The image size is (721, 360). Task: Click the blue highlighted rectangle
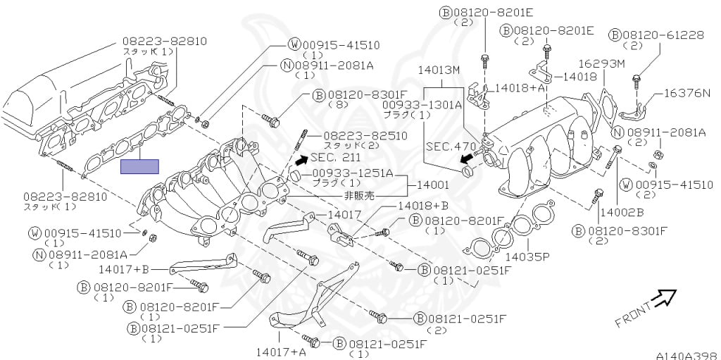point(139,166)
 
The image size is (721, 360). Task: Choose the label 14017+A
point(281,351)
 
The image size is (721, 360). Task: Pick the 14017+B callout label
point(124,268)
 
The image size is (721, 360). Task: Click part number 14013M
point(438,70)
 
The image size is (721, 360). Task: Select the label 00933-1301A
point(422,104)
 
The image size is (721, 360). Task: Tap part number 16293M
point(602,64)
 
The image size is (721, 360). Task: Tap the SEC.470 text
point(449,147)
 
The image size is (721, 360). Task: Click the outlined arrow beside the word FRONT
point(663,299)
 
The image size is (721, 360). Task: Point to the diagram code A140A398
point(686,356)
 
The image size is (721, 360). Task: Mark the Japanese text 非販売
point(360,194)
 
